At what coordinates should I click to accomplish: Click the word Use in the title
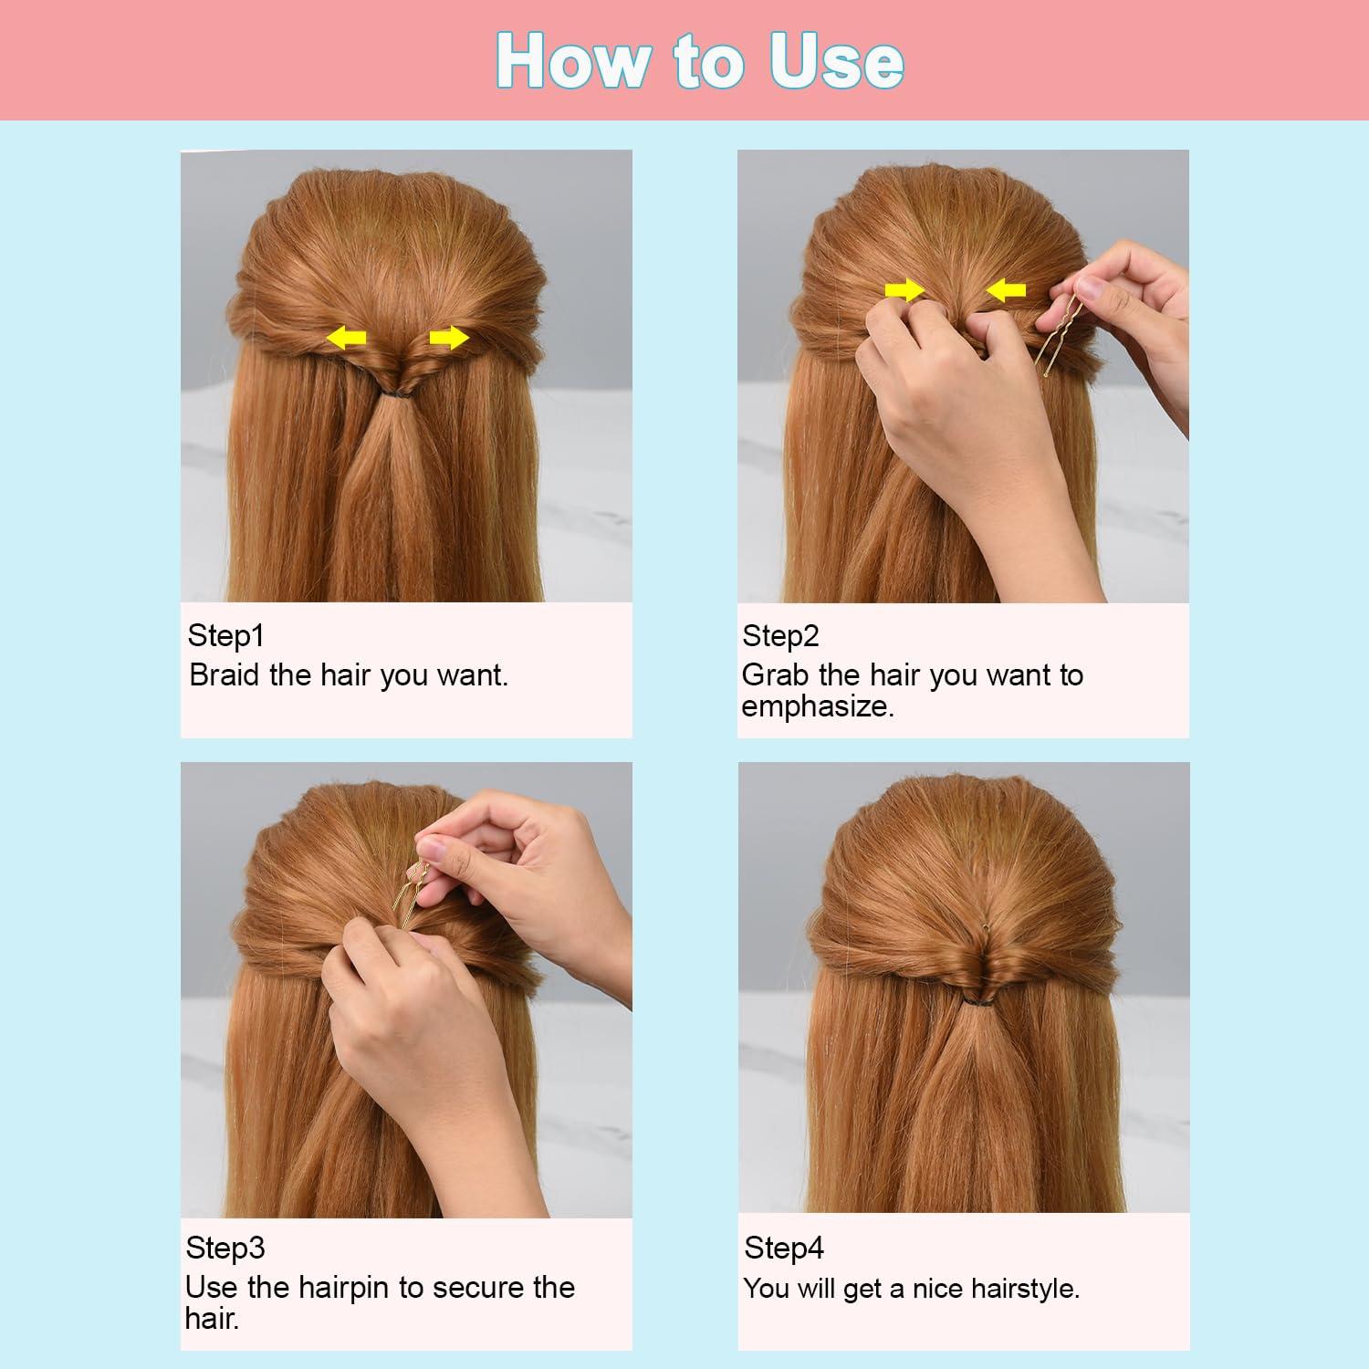pyautogui.click(x=836, y=62)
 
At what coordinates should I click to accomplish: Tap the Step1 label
pyautogui.click(x=225, y=635)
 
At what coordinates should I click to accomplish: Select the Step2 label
pyautogui.click(x=780, y=635)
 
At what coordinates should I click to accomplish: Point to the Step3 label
pyautogui.click(x=225, y=1247)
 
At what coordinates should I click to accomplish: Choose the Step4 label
pyautogui.click(x=783, y=1247)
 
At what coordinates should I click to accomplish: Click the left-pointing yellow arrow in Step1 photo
pyautogui.click(x=347, y=339)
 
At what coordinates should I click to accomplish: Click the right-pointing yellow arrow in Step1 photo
pyautogui.click(x=448, y=339)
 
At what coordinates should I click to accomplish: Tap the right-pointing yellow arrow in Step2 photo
pyautogui.click(x=904, y=290)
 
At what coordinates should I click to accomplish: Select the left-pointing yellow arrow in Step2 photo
pyautogui.click(x=1007, y=290)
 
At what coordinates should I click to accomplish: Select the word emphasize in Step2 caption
pyautogui.click(x=817, y=706)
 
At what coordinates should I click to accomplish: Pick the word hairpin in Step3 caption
pyautogui.click(x=344, y=1288)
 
